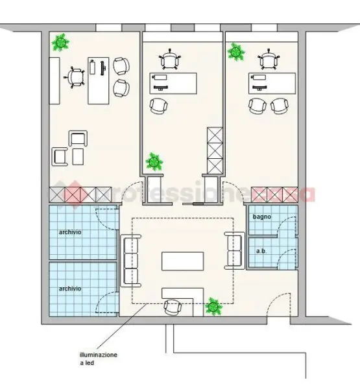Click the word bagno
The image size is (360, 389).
(x=261, y=217)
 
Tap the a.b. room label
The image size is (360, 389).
(x=261, y=251)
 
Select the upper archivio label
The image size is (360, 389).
(x=70, y=232)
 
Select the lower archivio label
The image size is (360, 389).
(x=70, y=289)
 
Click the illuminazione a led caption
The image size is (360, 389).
(x=98, y=359)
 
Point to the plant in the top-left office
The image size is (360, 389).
(x=60, y=43)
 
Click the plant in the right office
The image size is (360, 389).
(x=235, y=52)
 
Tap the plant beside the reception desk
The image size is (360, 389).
(x=213, y=307)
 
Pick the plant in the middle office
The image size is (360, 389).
(x=154, y=161)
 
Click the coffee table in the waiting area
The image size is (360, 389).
(x=182, y=261)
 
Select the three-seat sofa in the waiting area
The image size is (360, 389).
(x=130, y=261)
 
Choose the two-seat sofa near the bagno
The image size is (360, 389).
(x=235, y=250)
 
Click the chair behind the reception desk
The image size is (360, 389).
(x=173, y=307)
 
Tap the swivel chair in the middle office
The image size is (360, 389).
(x=170, y=60)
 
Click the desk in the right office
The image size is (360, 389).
(x=272, y=84)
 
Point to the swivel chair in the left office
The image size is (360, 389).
(x=75, y=77)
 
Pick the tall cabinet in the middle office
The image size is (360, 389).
(x=215, y=150)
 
